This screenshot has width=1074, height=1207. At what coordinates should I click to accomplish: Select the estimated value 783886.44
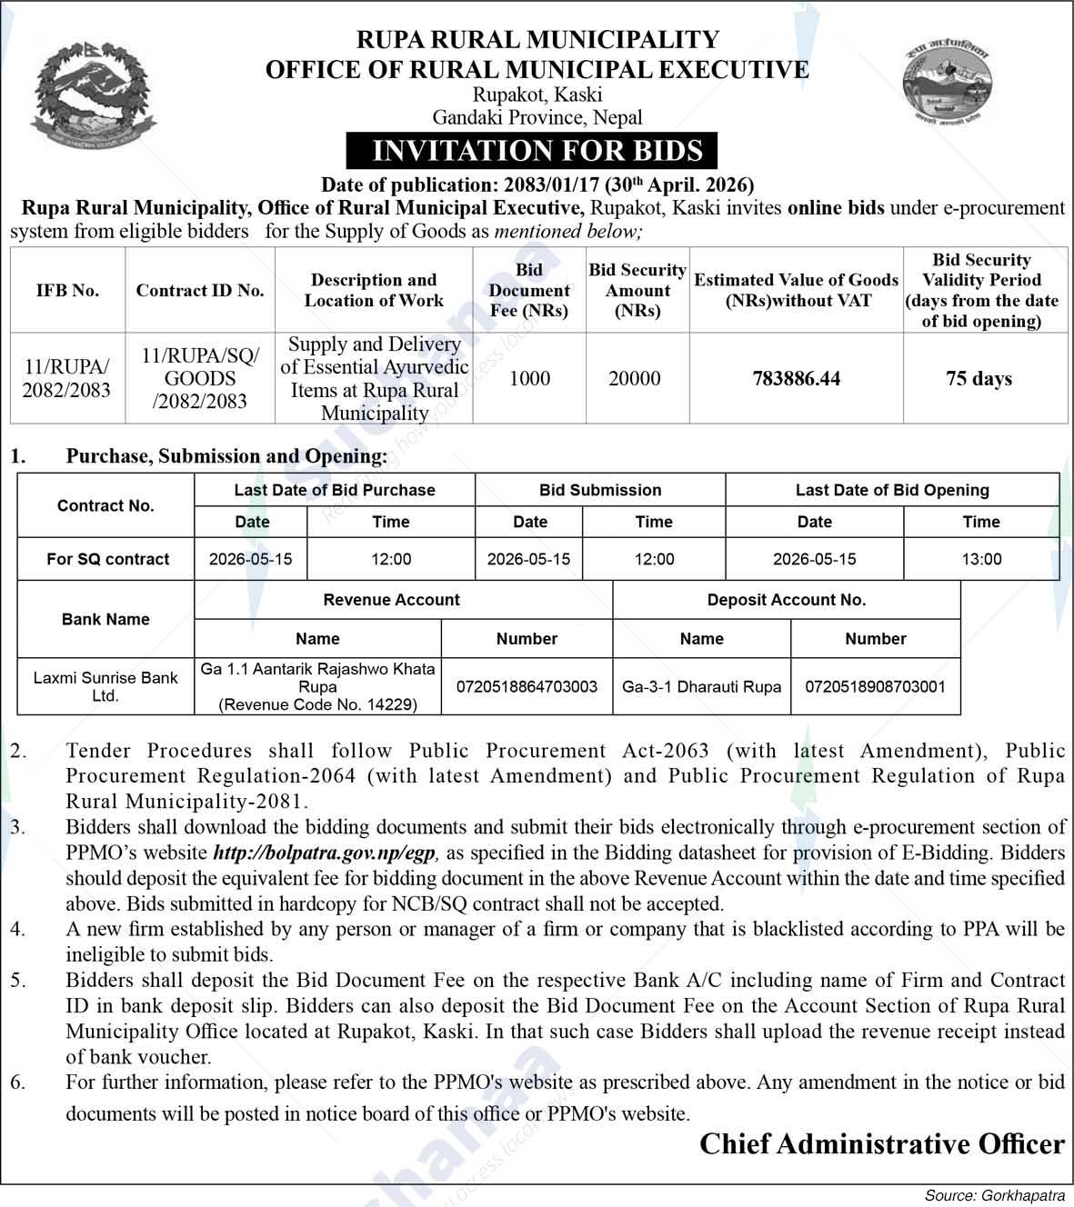pos(796,379)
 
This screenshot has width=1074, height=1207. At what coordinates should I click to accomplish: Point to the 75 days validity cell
pos(979,379)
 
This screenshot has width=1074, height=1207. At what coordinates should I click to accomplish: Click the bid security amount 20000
pos(635,379)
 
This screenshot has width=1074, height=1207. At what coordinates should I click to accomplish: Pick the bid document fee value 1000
pos(529,379)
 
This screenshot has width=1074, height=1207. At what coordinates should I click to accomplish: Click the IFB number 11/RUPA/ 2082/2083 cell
pos(67,379)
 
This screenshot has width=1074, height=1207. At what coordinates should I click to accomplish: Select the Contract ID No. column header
pos(200,291)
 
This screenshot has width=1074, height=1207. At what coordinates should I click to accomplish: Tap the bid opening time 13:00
pos(981,559)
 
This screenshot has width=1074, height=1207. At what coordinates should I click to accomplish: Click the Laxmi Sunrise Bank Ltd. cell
pos(105,686)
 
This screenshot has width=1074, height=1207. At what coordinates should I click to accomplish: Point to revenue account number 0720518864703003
pos(527,686)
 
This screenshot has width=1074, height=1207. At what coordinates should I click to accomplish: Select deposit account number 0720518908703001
pos(875,686)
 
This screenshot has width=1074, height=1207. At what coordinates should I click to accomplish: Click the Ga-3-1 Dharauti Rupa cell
pos(701,686)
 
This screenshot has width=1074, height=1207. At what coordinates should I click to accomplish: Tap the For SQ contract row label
pos(107,559)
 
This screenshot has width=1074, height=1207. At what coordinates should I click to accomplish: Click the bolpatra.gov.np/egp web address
pos(326,853)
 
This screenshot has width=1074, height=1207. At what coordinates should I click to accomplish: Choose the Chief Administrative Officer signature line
pos(881,1144)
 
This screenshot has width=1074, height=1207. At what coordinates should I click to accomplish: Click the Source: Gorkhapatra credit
pos(994,1195)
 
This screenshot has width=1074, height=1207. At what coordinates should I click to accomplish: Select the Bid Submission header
pos(600,490)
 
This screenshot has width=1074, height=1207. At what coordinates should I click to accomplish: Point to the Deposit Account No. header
pos(787,600)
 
